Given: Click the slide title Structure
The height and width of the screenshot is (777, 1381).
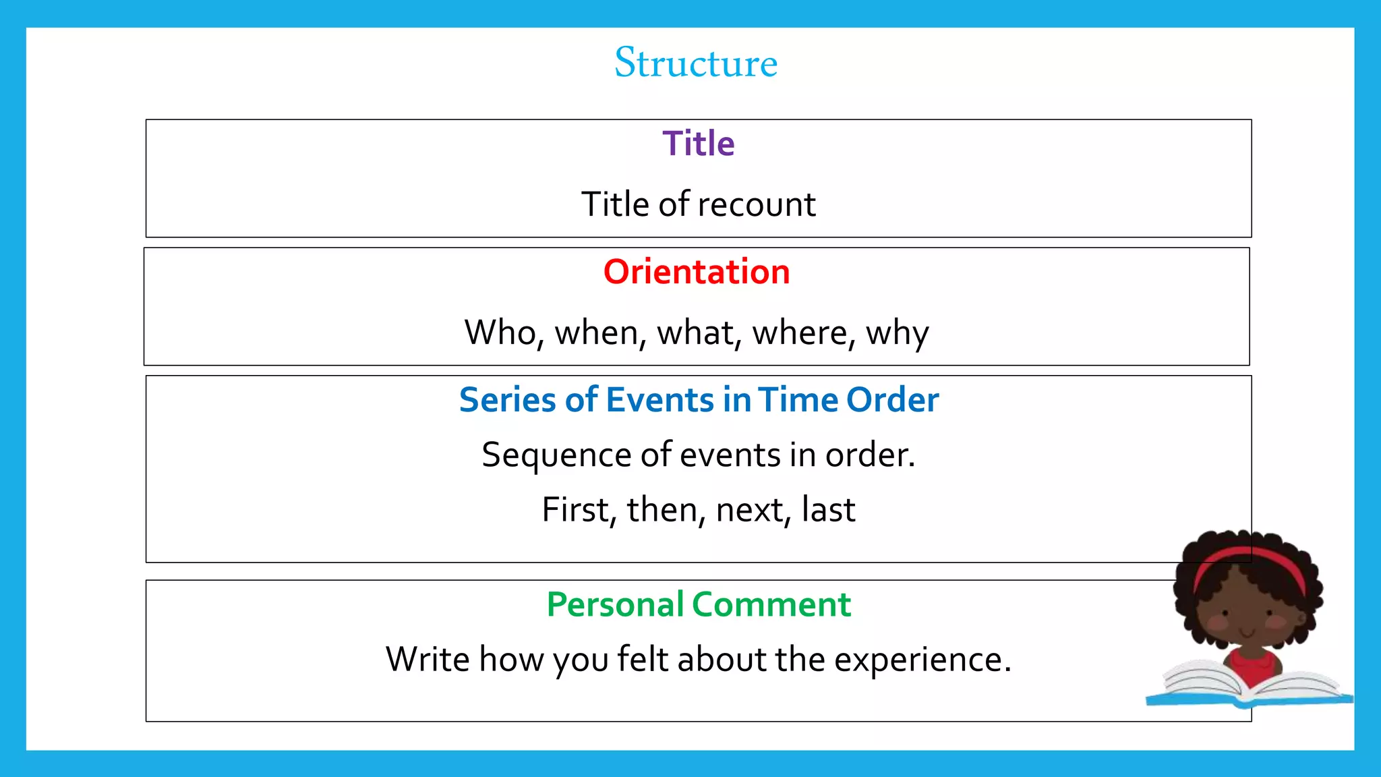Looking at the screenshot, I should tap(696, 63).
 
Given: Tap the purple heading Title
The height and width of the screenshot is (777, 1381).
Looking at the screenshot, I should tap(698, 144).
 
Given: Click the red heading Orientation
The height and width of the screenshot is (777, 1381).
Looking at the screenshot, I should tap(697, 272).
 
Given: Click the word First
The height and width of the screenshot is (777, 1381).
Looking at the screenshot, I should tap(578, 510).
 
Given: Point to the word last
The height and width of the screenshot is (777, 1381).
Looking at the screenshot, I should tap(829, 510).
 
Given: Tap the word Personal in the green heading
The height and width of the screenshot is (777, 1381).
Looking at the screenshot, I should tap(614, 604).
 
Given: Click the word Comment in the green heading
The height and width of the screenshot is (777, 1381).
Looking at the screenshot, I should tap(771, 604).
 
